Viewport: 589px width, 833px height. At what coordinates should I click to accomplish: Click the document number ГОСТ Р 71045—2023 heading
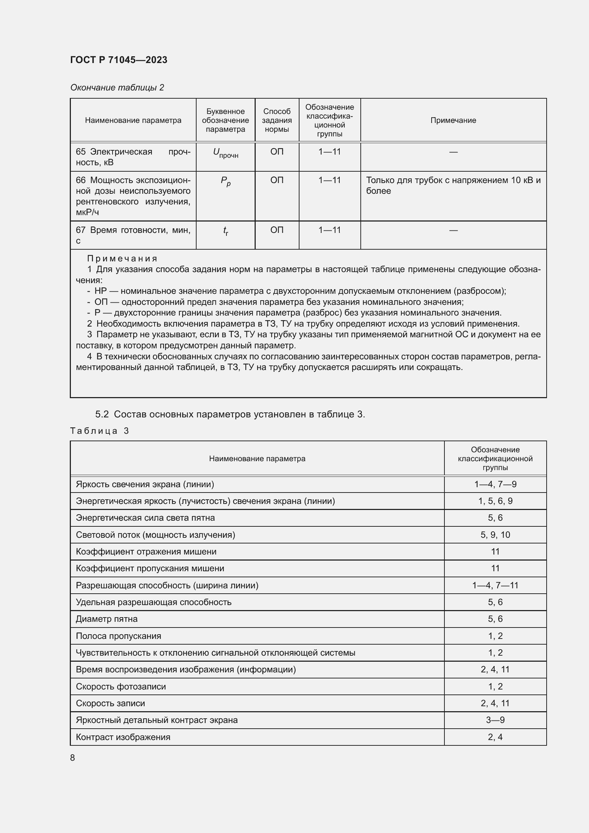point(119,60)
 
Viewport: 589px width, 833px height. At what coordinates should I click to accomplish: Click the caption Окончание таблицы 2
point(117,88)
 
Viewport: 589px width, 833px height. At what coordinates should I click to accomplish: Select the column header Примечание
point(453,120)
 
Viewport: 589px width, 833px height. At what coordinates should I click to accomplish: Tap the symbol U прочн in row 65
point(225,153)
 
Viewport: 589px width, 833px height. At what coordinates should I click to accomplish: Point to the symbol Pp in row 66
point(225,181)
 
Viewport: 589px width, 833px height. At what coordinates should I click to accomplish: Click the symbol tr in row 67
point(225,231)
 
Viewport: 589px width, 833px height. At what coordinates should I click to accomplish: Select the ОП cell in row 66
point(277,180)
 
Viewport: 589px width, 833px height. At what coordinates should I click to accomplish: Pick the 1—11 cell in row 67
point(329,230)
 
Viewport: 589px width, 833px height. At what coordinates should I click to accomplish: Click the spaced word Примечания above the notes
point(122,258)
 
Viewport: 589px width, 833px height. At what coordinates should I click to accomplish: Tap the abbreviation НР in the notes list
point(100,291)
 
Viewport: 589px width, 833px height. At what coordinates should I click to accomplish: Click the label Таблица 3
point(100,431)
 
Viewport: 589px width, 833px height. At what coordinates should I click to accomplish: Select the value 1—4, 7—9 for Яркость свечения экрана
point(495,484)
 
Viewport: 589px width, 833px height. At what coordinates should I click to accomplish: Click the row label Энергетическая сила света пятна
point(145,518)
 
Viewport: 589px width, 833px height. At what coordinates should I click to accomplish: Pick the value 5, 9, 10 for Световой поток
point(495,535)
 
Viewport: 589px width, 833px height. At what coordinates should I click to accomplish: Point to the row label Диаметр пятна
point(106,619)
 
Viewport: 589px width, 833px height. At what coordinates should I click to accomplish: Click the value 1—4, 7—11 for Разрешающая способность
point(495,585)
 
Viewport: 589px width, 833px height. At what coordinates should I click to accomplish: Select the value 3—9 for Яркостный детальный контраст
point(495,720)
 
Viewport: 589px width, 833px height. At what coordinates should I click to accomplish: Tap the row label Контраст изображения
point(123,737)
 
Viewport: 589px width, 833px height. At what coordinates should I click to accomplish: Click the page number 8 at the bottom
point(73,758)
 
